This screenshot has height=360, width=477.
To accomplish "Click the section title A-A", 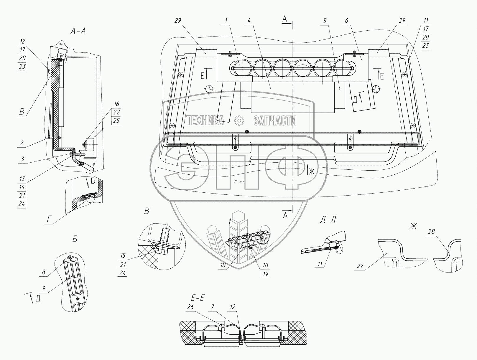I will pos(78,31).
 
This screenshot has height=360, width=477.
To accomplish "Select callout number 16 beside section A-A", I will pos(116,104).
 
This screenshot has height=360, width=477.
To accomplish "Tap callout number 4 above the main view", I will pos(249,21).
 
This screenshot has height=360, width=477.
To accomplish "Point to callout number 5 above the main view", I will pos(325,21).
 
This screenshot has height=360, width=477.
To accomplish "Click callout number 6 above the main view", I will pos(346,21).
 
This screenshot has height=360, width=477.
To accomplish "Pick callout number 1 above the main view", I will pos(226,21).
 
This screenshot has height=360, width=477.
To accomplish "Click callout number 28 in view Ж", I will pos(431,232).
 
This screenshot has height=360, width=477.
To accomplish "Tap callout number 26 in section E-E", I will pos(190,307).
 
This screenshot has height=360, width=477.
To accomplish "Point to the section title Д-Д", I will pos(328,219).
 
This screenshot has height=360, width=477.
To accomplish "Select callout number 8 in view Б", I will pos(44,272).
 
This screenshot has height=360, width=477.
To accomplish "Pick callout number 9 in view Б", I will pos(44,288).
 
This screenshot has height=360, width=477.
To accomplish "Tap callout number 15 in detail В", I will pos(123,256).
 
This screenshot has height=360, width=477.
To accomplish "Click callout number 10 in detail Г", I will pos(223,265).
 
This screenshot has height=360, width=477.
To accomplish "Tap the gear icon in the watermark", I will pos(239,120).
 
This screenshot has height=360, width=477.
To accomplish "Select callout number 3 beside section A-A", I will pos(22,159).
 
